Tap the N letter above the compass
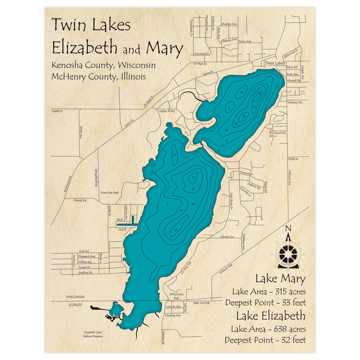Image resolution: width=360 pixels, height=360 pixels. pos(288,228)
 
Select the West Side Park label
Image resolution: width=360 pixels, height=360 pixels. pos(110,193)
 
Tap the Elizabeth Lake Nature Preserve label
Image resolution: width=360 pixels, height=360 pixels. pos(93,334)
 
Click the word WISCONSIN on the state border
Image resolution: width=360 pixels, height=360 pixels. pos(75,297)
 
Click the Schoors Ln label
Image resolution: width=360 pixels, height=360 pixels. pos(227,237)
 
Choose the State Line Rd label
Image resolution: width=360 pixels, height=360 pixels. pos(201,303)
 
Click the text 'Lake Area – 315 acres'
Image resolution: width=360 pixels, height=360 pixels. pos(269,292)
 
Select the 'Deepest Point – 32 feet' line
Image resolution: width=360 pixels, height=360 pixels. pos(265,339)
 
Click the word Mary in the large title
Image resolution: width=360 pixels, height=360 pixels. pos(164,48)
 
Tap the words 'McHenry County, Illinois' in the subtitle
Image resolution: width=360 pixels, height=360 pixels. pos(99,76)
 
